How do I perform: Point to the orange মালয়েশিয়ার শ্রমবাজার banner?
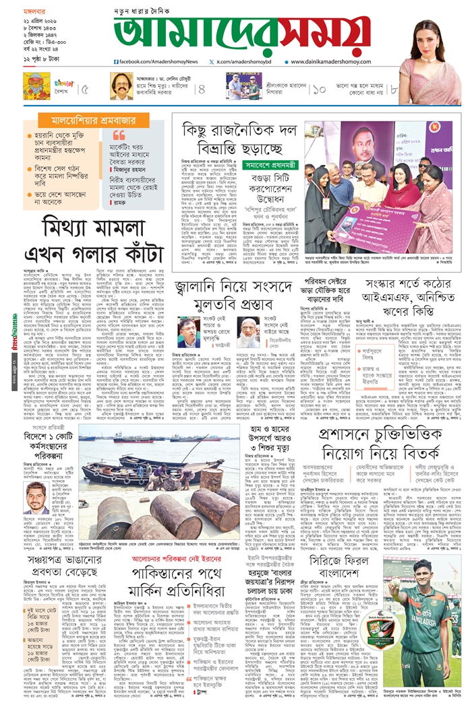(86, 122)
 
